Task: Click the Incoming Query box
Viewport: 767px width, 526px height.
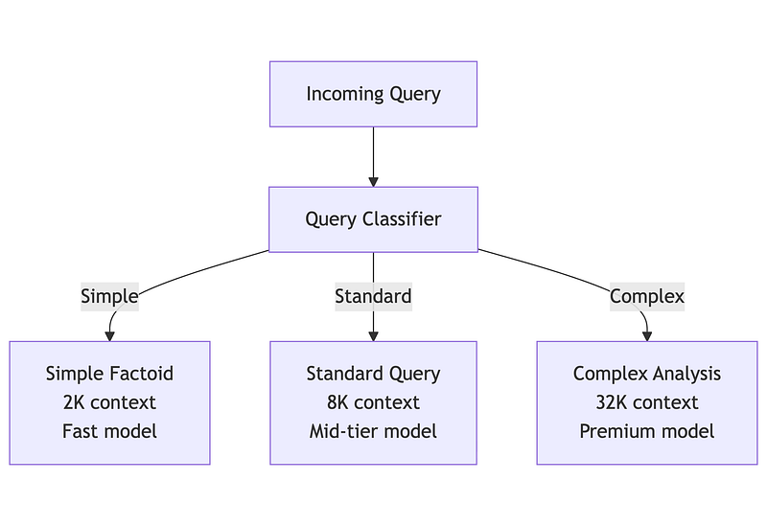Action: click(x=373, y=94)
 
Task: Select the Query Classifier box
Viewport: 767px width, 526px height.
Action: click(x=373, y=219)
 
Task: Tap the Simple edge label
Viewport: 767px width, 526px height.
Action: click(x=109, y=296)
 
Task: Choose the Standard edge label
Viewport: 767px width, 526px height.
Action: click(x=373, y=296)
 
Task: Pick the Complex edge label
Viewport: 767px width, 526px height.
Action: click(x=646, y=296)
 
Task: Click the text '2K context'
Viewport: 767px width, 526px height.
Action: click(x=109, y=402)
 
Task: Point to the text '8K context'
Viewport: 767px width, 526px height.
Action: click(x=373, y=402)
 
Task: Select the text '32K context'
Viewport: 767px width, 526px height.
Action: click(x=646, y=402)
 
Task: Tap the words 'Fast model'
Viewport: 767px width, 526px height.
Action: click(x=109, y=431)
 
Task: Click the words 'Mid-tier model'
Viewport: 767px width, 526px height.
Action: click(x=373, y=431)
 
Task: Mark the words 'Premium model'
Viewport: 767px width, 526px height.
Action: click(x=646, y=431)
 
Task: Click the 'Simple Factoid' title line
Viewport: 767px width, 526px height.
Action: click(x=109, y=374)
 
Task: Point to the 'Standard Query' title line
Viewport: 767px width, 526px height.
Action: click(x=373, y=374)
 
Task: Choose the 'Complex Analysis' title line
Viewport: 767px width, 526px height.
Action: click(x=646, y=374)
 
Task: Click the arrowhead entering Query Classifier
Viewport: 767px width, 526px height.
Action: click(x=373, y=182)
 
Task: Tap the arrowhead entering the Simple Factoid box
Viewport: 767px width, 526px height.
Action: click(x=109, y=336)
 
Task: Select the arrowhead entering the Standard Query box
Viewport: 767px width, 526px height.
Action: click(x=373, y=336)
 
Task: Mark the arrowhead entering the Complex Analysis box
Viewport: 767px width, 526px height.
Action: click(x=647, y=336)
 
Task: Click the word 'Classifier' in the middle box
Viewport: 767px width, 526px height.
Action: click(x=401, y=219)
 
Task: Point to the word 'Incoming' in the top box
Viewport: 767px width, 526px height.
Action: click(x=338, y=94)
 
